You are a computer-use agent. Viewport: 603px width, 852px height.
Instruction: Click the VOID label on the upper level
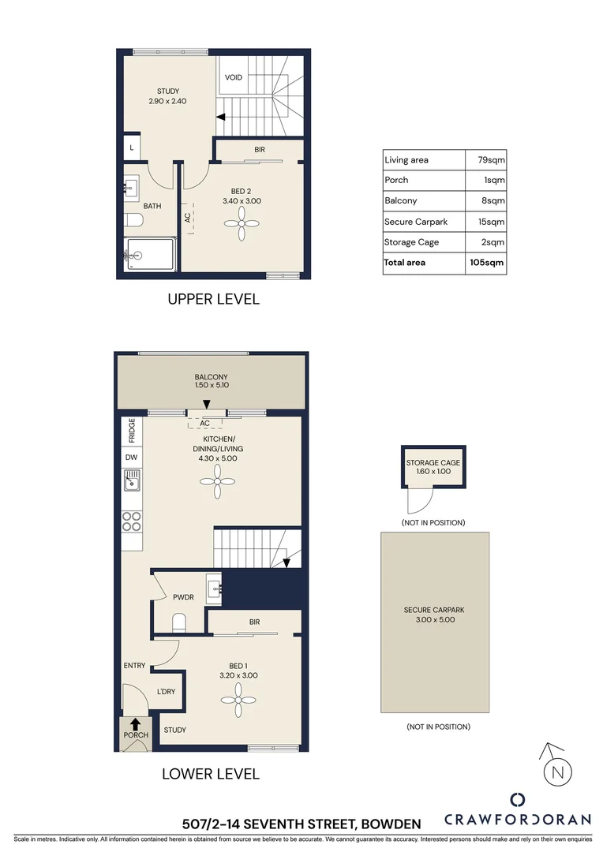(x=234, y=77)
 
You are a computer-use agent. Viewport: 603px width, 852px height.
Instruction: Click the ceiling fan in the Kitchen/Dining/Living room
(x=215, y=482)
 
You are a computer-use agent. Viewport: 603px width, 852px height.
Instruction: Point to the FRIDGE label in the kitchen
(x=131, y=432)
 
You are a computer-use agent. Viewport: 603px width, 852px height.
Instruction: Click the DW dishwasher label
(x=131, y=458)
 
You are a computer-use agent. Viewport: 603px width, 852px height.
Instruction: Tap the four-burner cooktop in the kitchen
(x=132, y=520)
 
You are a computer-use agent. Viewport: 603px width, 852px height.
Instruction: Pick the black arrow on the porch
(x=135, y=723)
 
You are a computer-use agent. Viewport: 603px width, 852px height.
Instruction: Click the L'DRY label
(x=166, y=691)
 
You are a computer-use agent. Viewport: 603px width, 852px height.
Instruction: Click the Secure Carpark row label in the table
(x=416, y=222)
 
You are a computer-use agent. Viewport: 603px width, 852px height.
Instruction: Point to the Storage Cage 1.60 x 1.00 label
(x=433, y=467)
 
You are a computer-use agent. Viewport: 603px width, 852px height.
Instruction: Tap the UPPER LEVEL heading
(x=212, y=300)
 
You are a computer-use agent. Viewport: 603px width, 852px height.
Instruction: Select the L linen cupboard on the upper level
(x=130, y=148)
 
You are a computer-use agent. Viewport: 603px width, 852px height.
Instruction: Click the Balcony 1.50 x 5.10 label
(x=211, y=382)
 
